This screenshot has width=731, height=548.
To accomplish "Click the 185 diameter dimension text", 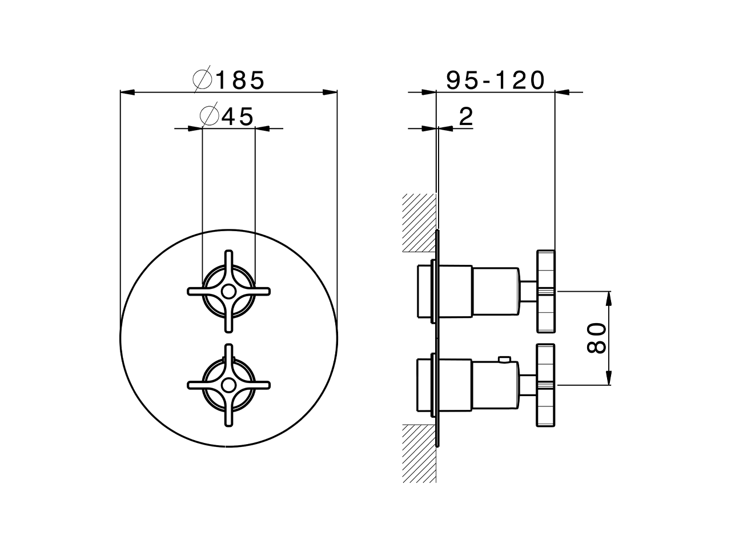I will pyautogui.click(x=240, y=80).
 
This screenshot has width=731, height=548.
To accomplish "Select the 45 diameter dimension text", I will pyautogui.click(x=238, y=117).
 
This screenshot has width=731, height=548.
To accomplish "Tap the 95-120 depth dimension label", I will pyautogui.click(x=495, y=80).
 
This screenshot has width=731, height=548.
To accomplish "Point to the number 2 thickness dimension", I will pyautogui.click(x=466, y=117).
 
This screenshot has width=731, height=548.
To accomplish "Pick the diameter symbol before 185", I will pyautogui.click(x=203, y=80).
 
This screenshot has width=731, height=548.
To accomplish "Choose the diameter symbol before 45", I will pyautogui.click(x=210, y=117).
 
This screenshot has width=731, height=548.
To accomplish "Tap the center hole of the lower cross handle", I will pyautogui.click(x=228, y=385).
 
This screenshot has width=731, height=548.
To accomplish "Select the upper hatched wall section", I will pyautogui.click(x=419, y=223).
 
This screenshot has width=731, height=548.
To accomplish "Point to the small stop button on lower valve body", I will pyautogui.click(x=504, y=359).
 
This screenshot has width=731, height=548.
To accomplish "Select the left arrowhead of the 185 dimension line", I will pyautogui.click(x=127, y=91).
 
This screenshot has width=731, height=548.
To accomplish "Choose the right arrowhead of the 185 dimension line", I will pyautogui.click(x=330, y=91).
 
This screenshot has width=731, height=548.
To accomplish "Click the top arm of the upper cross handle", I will pyautogui.click(x=229, y=260).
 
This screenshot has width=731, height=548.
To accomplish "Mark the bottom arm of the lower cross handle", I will pyautogui.click(x=229, y=417).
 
